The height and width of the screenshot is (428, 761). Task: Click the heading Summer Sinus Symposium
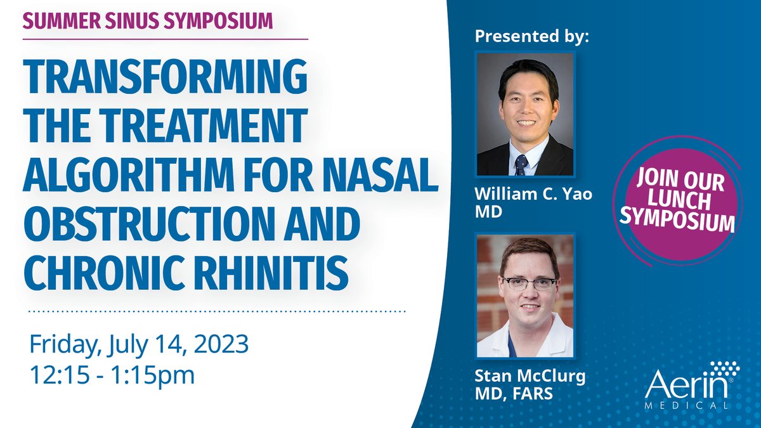click(x=148, y=20)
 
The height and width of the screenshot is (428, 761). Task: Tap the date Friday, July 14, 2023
click(x=139, y=346)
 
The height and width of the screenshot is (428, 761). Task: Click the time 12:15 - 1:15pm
click(x=112, y=374)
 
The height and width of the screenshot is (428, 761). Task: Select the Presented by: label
click(x=532, y=36)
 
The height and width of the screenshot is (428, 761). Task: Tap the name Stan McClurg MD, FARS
click(x=530, y=384)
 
